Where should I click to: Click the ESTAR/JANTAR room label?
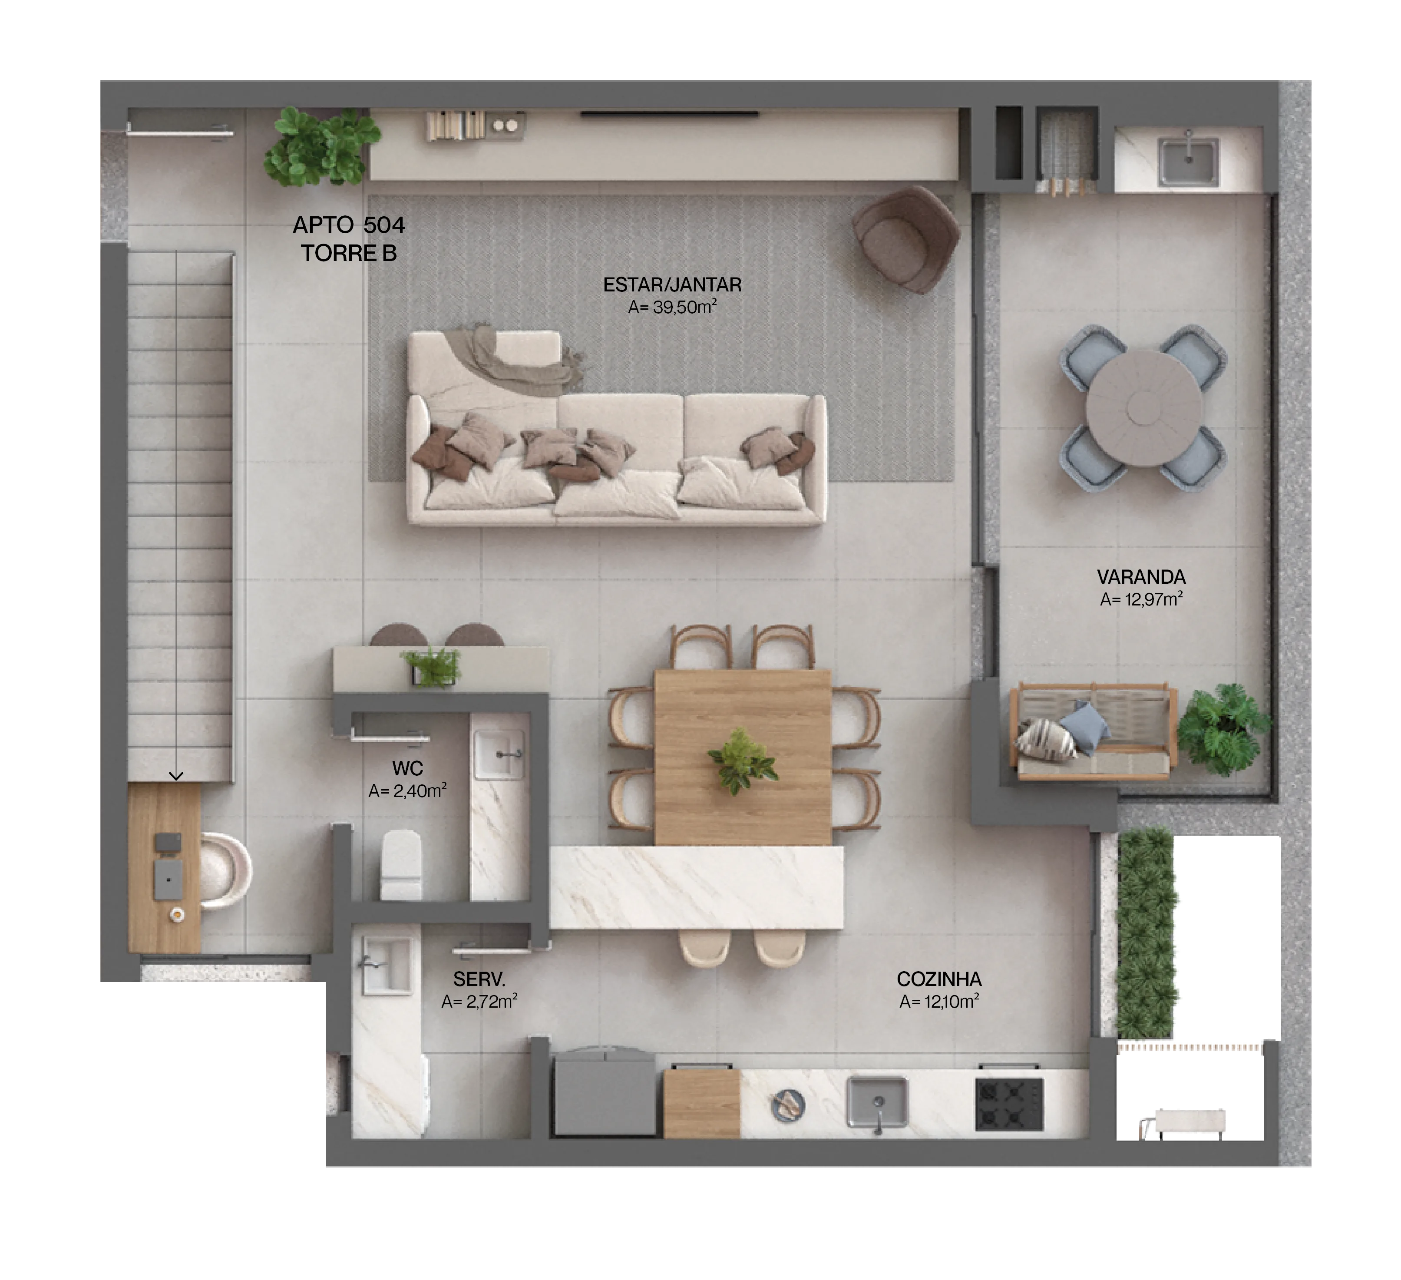point(671,285)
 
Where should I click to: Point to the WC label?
point(407,768)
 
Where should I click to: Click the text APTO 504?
point(348,225)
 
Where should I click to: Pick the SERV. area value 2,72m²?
point(479,1001)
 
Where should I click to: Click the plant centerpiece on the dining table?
point(741,761)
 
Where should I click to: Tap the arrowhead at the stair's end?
point(176,775)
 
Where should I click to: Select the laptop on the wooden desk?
point(168,879)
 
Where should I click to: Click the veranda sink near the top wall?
point(1188,160)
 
